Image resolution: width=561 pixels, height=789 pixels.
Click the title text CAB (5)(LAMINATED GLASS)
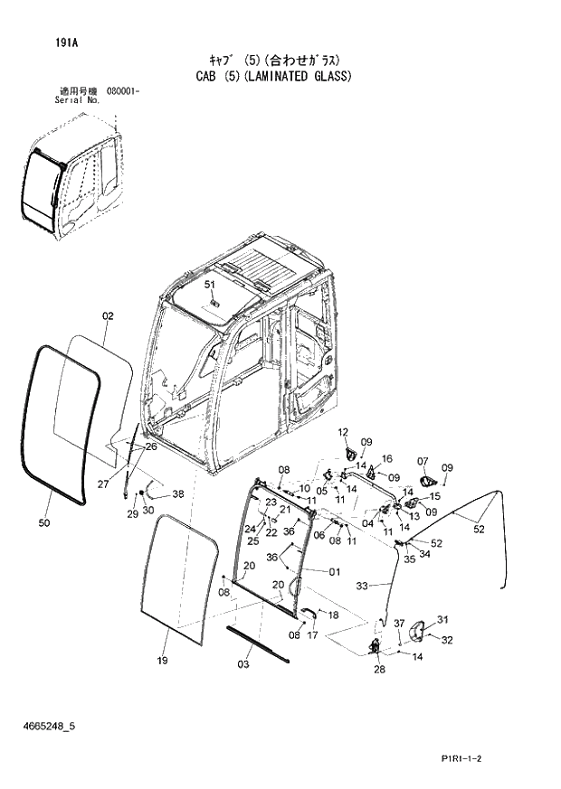[x=273, y=77]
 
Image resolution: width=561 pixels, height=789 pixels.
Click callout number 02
[x=108, y=316]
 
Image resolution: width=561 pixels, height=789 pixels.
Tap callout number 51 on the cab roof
[x=210, y=285]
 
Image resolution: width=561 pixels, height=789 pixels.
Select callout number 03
[x=243, y=665]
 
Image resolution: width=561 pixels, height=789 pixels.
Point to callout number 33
[x=362, y=586]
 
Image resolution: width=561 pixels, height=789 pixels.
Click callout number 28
[x=379, y=670]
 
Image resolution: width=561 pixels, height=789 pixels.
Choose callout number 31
[x=443, y=619]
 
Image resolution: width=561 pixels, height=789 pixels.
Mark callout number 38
[x=177, y=494]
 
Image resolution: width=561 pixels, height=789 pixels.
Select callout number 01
[x=334, y=571]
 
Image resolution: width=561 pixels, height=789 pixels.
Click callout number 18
[x=333, y=615]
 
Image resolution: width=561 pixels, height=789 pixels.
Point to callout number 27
[x=104, y=484]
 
